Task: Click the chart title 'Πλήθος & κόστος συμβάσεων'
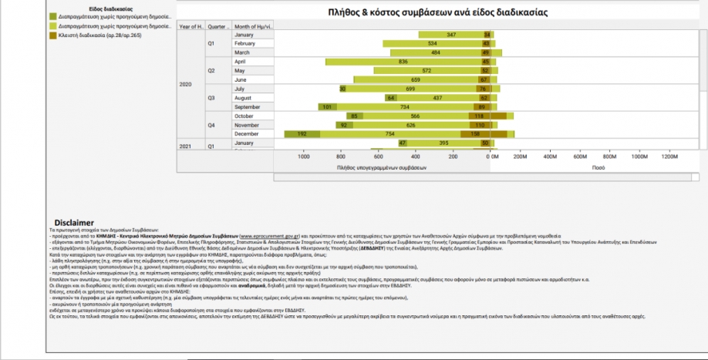click(437, 13)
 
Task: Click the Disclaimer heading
click(72, 223)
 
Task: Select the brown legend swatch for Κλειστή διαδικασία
click(52, 35)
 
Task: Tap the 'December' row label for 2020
click(246, 133)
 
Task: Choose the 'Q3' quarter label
click(211, 98)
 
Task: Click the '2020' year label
click(186, 84)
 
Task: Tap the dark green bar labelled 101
click(328, 106)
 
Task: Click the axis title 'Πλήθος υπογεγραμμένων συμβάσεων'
click(382, 166)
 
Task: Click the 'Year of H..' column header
click(190, 26)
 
